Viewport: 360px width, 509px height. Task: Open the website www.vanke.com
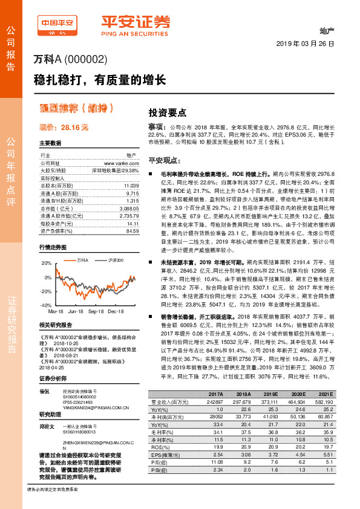117,163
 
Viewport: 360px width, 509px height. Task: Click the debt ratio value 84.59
124,230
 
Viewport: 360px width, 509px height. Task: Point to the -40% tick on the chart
45,306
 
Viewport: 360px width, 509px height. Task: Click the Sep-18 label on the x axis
96,311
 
